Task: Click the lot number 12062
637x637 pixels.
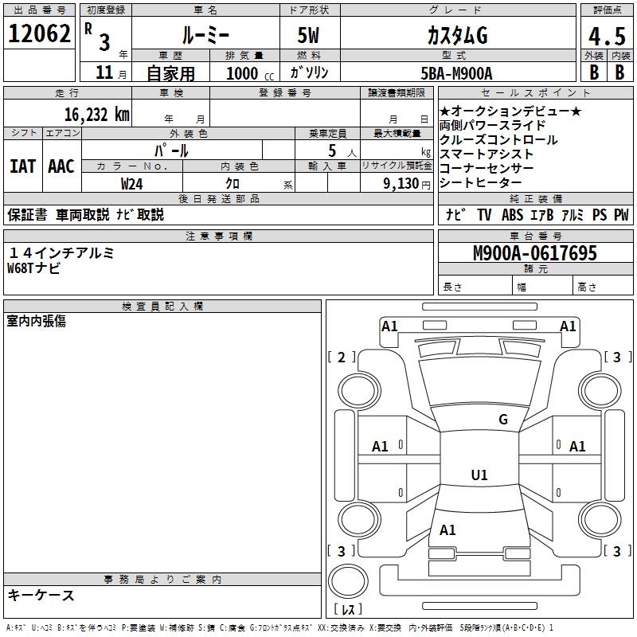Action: pyautogui.click(x=41, y=33)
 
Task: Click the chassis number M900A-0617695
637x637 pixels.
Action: pyautogui.click(x=534, y=253)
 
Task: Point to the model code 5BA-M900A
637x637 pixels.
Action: pyautogui.click(x=456, y=73)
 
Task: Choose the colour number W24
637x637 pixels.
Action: pyautogui.click(x=131, y=183)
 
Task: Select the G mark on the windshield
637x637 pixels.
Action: pyautogui.click(x=502, y=420)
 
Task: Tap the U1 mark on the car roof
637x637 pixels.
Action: pyautogui.click(x=479, y=475)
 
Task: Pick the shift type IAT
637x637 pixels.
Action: pyautogui.click(x=22, y=166)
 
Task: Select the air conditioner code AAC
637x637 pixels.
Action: pyautogui.click(x=61, y=166)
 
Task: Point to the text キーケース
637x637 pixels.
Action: pyautogui.click(x=41, y=596)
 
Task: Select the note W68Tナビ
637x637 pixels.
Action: pyautogui.click(x=33, y=268)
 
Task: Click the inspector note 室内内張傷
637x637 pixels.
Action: pyautogui.click(x=36, y=321)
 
